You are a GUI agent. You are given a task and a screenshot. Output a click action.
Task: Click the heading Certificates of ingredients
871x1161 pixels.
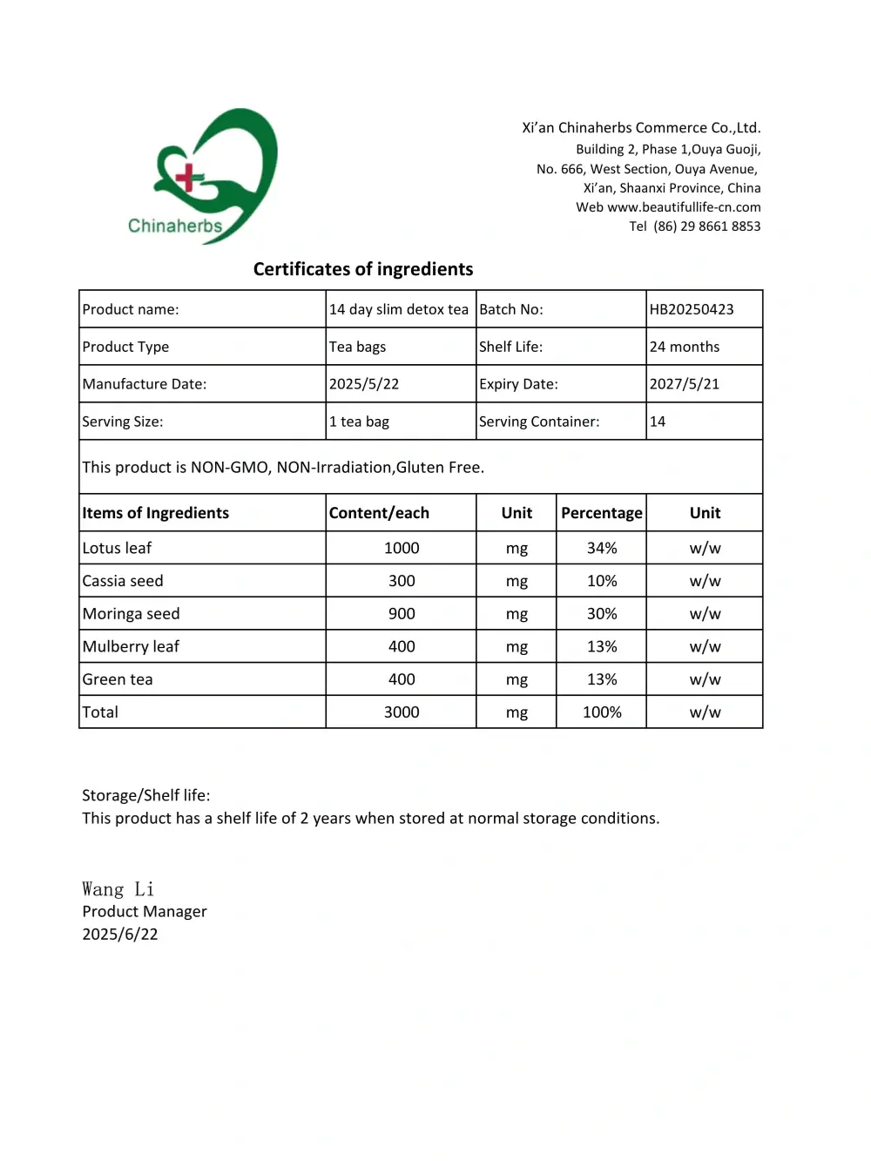pyautogui.click(x=363, y=269)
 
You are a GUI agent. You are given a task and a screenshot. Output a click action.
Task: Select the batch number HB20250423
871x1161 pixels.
pyautogui.click(x=692, y=309)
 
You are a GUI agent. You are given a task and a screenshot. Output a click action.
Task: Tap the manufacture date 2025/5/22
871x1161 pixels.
pyautogui.click(x=364, y=384)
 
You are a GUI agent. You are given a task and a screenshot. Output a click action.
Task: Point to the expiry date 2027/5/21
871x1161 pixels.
pyautogui.click(x=685, y=384)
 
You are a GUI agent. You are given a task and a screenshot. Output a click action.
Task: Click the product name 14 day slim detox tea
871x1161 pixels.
pyautogui.click(x=399, y=309)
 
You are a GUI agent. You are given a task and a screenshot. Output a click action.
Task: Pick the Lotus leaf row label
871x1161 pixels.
pyautogui.click(x=117, y=548)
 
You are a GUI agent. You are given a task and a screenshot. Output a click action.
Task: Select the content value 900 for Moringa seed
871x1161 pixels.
pyautogui.click(x=402, y=613)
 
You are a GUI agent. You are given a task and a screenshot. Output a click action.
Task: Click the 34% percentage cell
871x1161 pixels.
pyautogui.click(x=602, y=548)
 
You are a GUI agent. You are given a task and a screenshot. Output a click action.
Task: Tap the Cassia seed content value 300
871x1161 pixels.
pyautogui.click(x=402, y=581)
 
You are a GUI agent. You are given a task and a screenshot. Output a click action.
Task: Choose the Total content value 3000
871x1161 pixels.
pyautogui.click(x=402, y=712)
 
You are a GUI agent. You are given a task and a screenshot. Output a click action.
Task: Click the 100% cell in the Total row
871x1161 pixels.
pyautogui.click(x=602, y=712)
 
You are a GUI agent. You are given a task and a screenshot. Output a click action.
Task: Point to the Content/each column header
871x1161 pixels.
pyautogui.click(x=379, y=513)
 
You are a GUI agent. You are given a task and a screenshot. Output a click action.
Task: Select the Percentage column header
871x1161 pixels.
pyautogui.click(x=602, y=513)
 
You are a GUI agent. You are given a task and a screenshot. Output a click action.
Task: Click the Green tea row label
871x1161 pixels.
pyautogui.click(x=118, y=679)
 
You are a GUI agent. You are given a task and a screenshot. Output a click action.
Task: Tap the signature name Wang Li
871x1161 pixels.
pyautogui.click(x=118, y=889)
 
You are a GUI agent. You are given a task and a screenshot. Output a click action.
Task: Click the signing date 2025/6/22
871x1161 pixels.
pyautogui.click(x=120, y=934)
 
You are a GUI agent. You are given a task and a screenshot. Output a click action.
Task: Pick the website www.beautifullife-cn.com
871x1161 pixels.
pyautogui.click(x=684, y=207)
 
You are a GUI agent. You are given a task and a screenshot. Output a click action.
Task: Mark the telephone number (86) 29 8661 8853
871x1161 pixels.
pyautogui.click(x=706, y=226)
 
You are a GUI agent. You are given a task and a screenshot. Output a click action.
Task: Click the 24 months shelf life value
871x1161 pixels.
pyautogui.click(x=685, y=347)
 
